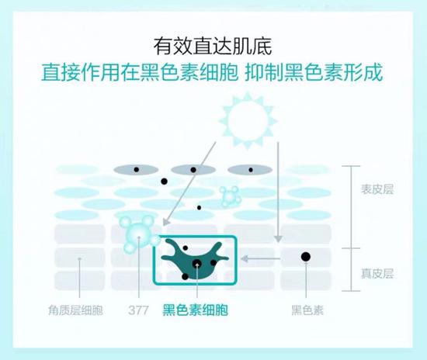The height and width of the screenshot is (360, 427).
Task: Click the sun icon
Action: tap(248, 120)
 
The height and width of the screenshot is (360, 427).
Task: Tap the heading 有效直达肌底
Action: tap(213, 47)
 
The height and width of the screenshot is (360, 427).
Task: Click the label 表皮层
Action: tap(377, 189)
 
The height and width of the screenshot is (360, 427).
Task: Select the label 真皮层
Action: tap(377, 273)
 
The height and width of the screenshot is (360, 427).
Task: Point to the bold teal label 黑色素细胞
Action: tap(195, 310)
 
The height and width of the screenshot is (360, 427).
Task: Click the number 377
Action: tap(138, 310)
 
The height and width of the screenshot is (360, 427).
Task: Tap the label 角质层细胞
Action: tap(75, 310)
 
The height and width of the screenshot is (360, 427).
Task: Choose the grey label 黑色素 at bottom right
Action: tap(307, 310)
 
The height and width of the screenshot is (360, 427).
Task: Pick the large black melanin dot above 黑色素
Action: tap(306, 257)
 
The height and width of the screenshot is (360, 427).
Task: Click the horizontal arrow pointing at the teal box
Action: tap(261, 258)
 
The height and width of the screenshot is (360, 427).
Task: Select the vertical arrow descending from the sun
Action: tap(278, 192)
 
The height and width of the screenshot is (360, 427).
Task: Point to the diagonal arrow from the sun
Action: tap(189, 184)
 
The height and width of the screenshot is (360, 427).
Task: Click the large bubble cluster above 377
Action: tap(140, 234)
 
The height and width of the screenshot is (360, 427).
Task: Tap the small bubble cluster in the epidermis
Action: tap(230, 196)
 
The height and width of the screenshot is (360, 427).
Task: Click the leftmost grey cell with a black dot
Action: tap(136, 170)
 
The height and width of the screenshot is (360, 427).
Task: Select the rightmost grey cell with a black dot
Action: tap(250, 170)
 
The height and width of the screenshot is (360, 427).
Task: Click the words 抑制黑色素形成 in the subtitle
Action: tap(314, 72)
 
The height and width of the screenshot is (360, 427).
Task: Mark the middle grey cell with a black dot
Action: tap(193, 170)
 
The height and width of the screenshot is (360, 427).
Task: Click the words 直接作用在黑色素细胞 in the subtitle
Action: tap(140, 72)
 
